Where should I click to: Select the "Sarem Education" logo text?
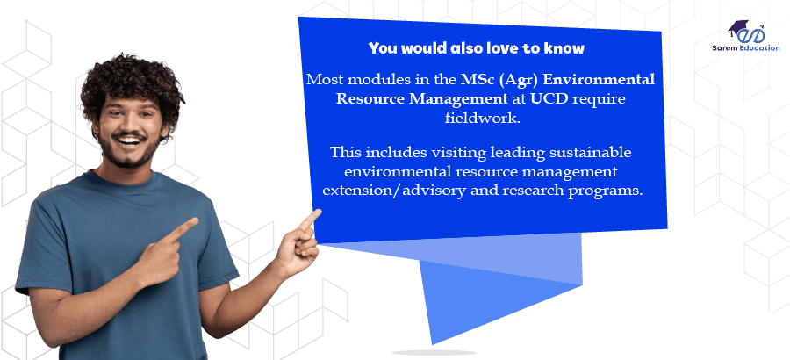point(747,47)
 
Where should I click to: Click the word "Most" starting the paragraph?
point(323,80)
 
